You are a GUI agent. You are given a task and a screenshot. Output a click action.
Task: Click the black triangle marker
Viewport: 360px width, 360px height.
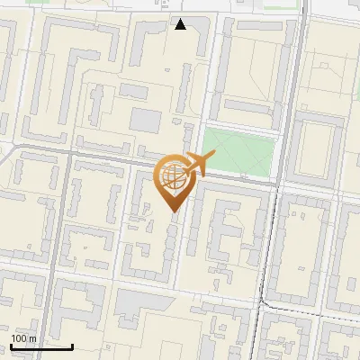(x=181, y=24)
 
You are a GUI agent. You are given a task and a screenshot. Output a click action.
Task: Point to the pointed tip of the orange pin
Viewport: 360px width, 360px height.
(x=173, y=211)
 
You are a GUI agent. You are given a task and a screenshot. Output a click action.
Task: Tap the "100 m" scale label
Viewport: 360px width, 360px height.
(x=23, y=338)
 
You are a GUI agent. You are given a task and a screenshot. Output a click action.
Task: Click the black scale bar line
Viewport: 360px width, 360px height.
(x=41, y=346)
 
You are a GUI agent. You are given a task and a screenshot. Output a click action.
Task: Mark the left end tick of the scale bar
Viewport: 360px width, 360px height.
(x=11, y=345)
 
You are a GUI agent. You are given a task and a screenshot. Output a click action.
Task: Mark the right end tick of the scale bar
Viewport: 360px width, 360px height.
(x=72, y=345)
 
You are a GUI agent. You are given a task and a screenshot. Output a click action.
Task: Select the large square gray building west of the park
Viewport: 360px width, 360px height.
(x=145, y=121)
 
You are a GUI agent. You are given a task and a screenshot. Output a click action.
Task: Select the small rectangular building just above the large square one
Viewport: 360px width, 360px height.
(x=133, y=92)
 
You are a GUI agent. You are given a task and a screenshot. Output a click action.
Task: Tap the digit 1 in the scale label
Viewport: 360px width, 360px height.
(x=13, y=338)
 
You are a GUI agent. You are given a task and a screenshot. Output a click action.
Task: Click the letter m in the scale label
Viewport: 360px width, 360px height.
(x=32, y=338)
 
